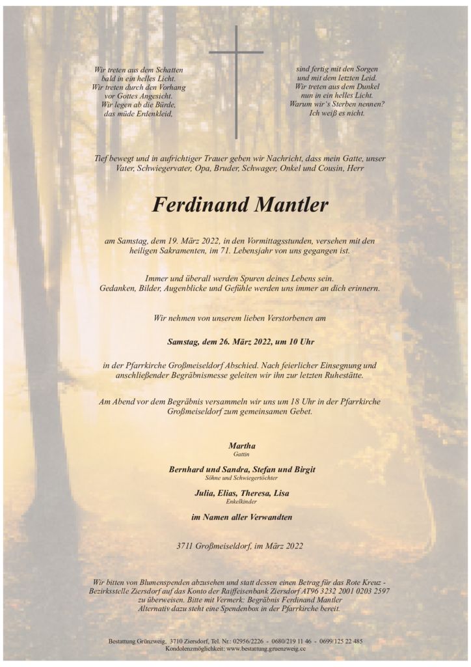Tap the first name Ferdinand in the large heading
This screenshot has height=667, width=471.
[x=198, y=205]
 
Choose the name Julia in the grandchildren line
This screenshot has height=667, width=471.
[x=205, y=493]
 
